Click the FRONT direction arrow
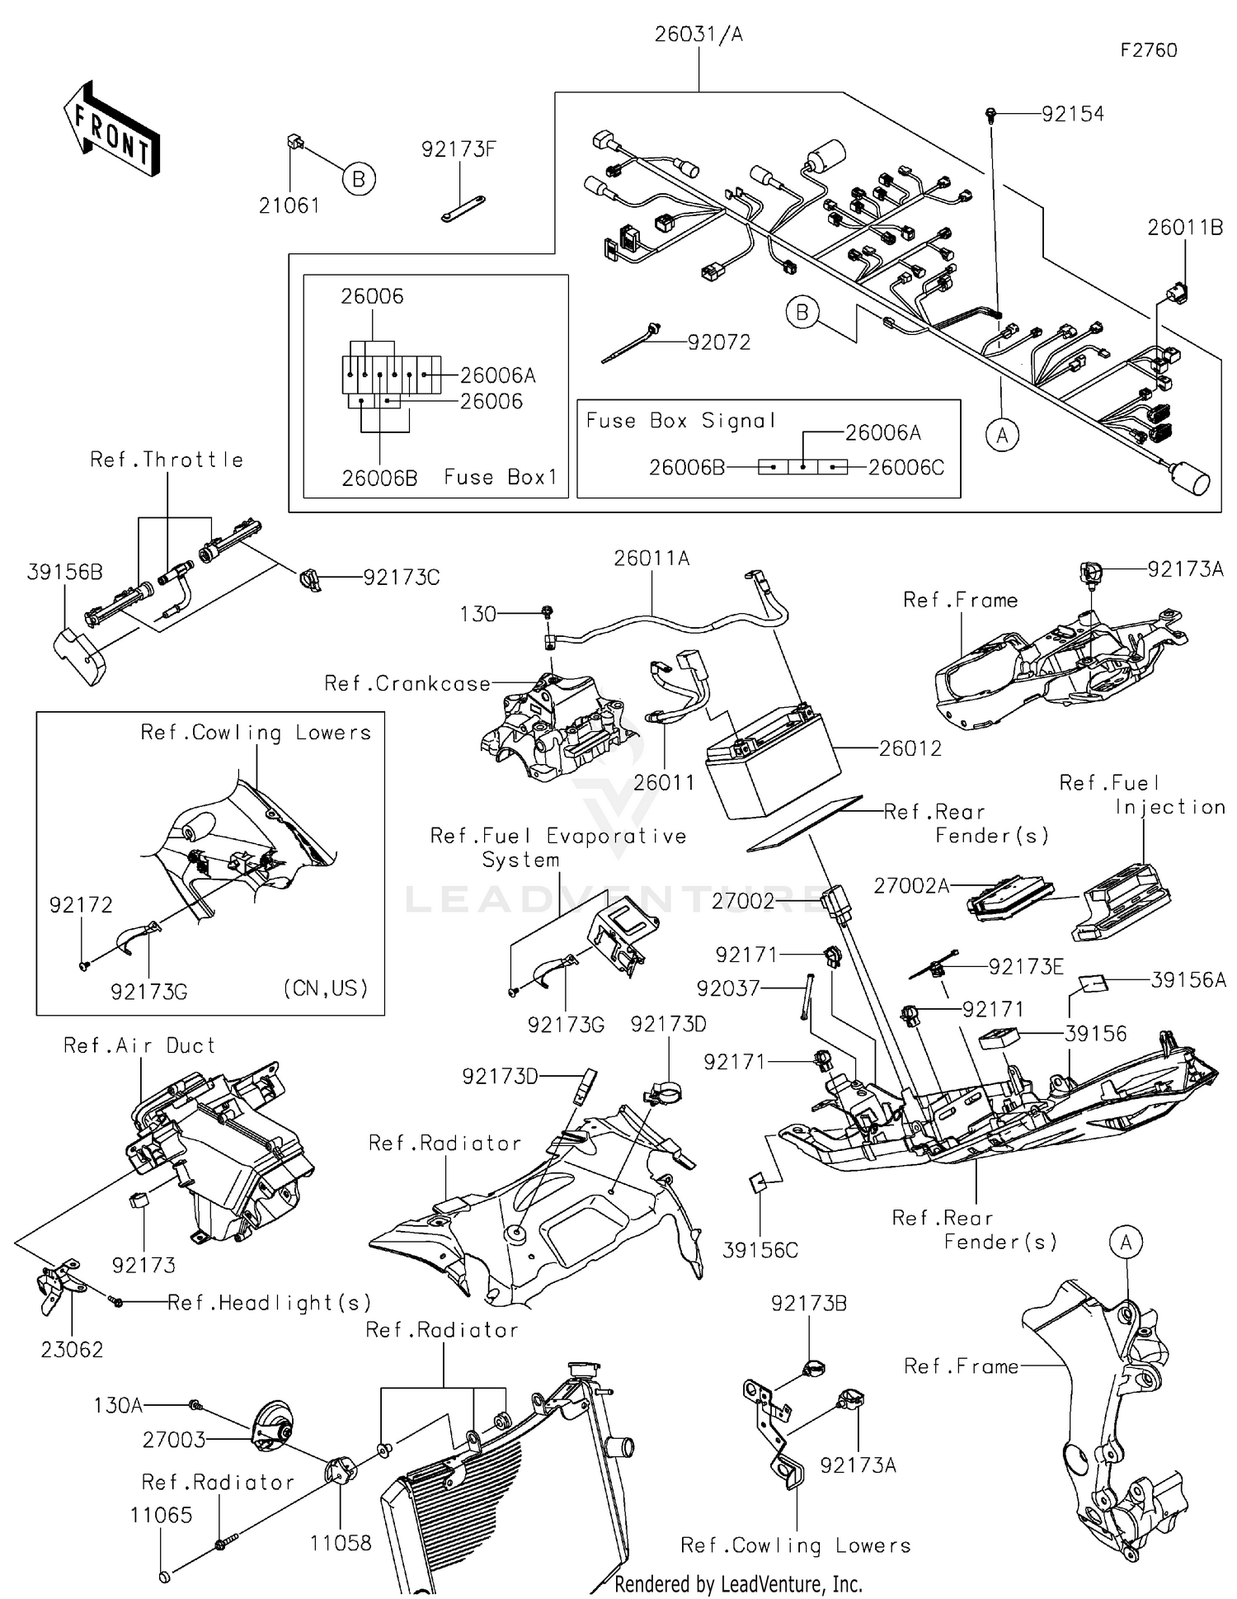coord(112,130)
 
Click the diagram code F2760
coord(1148,51)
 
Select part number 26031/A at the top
coord(698,35)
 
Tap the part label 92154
coord(1072,115)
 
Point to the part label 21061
coord(289,205)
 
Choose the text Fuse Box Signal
coord(681,421)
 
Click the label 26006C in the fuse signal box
coord(905,468)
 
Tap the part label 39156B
coord(64,572)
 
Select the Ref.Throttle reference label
coord(167,460)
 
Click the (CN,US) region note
coord(325,988)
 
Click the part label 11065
coord(161,1515)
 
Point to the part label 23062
coord(72,1350)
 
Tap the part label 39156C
coord(760,1250)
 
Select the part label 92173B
coord(808,1304)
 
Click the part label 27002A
coord(910,886)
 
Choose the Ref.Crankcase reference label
coord(407,684)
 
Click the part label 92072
coord(719,342)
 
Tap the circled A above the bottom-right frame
coord(1126,1243)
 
